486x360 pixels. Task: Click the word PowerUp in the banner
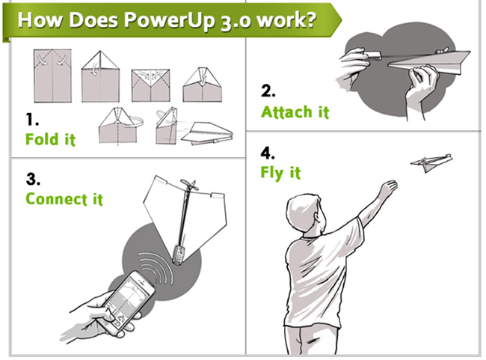(x=170, y=20)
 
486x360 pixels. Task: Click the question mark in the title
(x=310, y=19)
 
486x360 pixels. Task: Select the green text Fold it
(x=50, y=139)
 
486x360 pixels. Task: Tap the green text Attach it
(x=295, y=112)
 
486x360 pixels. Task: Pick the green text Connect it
(x=64, y=199)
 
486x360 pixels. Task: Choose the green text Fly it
(x=280, y=173)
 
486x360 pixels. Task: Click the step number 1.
(x=32, y=120)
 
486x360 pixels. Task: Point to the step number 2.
(x=268, y=91)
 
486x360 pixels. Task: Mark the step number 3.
(x=33, y=179)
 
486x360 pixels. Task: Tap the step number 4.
(x=268, y=153)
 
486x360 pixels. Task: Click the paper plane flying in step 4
(x=431, y=162)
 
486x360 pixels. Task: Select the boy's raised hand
(x=388, y=187)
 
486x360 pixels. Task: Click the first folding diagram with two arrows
(x=52, y=76)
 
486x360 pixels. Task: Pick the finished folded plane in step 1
(x=207, y=133)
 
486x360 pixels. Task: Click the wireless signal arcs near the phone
(x=156, y=268)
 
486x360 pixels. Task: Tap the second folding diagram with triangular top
(x=100, y=76)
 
